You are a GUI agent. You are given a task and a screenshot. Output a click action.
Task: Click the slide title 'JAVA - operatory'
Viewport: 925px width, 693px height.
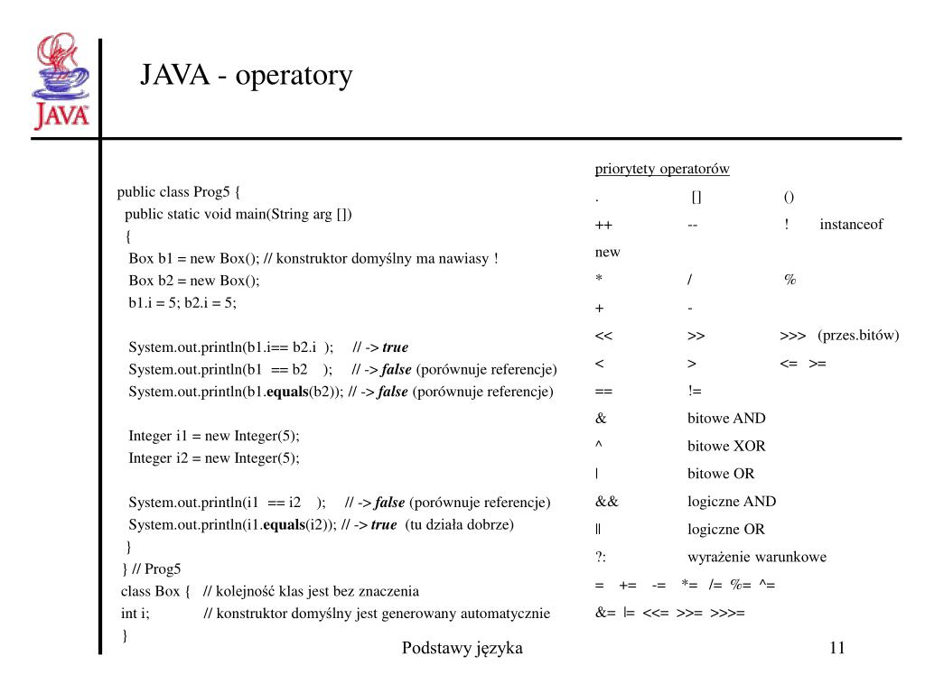pos(246,76)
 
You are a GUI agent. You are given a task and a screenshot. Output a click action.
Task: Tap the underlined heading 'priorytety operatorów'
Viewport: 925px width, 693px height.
pos(661,169)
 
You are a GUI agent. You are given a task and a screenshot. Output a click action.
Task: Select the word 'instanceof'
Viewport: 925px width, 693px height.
pos(851,225)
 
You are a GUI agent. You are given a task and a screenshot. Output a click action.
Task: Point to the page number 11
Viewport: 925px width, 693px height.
pos(836,648)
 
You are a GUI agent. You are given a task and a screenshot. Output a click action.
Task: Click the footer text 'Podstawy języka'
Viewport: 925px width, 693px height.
pos(462,648)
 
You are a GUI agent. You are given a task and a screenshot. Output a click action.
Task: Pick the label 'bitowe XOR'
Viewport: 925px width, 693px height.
pos(725,446)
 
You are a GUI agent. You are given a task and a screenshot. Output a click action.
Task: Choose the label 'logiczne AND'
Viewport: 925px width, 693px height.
pos(731,502)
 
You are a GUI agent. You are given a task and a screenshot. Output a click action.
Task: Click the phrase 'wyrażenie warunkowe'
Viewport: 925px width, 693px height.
pos(756,557)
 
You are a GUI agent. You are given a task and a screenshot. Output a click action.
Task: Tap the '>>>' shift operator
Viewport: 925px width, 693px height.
pos(792,336)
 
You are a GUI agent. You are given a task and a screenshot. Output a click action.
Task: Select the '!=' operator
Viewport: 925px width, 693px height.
pos(695,391)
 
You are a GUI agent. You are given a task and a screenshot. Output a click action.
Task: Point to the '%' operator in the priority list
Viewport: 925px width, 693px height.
pos(790,280)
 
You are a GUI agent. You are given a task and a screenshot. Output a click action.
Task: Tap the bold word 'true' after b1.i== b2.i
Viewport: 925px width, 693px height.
pos(395,346)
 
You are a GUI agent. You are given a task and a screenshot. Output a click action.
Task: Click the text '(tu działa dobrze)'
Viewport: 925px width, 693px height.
pos(459,524)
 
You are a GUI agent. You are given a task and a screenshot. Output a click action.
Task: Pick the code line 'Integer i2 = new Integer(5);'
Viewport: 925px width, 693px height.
pos(213,457)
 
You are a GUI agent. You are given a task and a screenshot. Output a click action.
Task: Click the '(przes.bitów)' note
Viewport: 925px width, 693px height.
pos(858,336)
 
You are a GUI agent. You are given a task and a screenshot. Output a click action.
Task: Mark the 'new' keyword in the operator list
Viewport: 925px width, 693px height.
pos(607,253)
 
